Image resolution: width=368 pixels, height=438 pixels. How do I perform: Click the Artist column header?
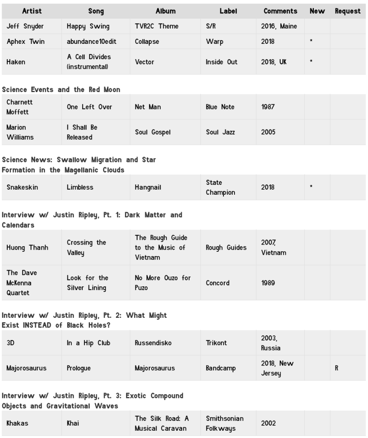pos(32,11)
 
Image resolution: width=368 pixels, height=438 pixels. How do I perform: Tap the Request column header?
pos(348,11)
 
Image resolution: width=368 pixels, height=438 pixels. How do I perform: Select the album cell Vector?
pos(145,62)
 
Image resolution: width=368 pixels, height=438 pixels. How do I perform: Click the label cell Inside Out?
pos(221,62)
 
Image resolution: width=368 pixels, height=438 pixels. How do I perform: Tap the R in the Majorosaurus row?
pos(336,368)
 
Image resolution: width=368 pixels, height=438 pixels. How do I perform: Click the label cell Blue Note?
pos(220,107)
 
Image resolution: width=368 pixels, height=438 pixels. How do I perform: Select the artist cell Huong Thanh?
pos(27,248)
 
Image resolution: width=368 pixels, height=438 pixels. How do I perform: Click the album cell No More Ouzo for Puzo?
pos(162,283)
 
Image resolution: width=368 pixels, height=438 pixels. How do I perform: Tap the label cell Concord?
pos(217,283)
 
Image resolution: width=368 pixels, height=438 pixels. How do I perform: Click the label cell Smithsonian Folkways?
pos(224,424)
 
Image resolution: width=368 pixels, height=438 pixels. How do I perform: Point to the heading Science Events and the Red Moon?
pos(61,89)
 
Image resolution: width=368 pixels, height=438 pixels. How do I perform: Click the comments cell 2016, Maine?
pos(278,26)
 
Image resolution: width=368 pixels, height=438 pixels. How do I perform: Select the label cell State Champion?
pos(220,187)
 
